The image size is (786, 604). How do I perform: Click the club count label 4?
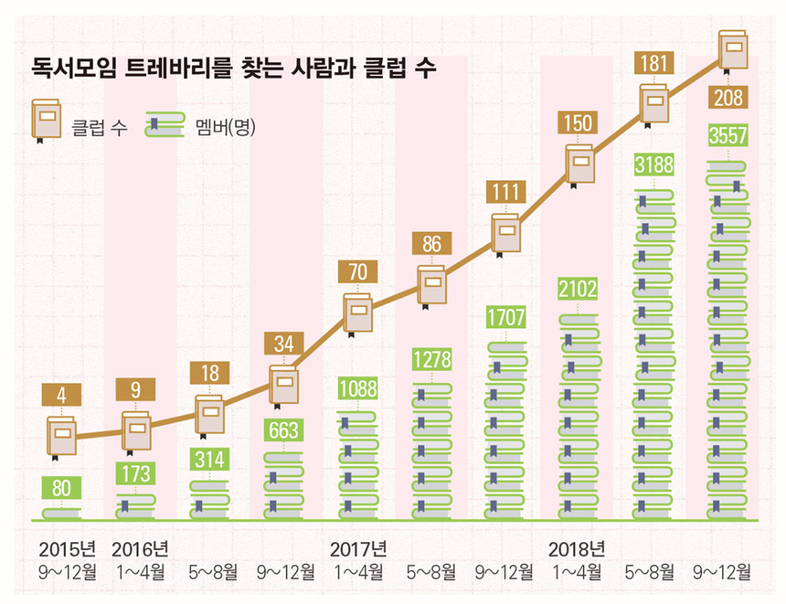coord(61,394)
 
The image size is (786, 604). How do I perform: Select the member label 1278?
coord(430,358)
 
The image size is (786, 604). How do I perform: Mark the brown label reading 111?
coord(505,192)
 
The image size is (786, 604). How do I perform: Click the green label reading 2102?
coord(579,290)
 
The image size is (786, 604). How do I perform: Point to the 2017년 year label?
coord(357,549)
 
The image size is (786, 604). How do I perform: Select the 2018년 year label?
coord(577,549)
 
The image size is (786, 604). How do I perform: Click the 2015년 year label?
coord(67,549)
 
